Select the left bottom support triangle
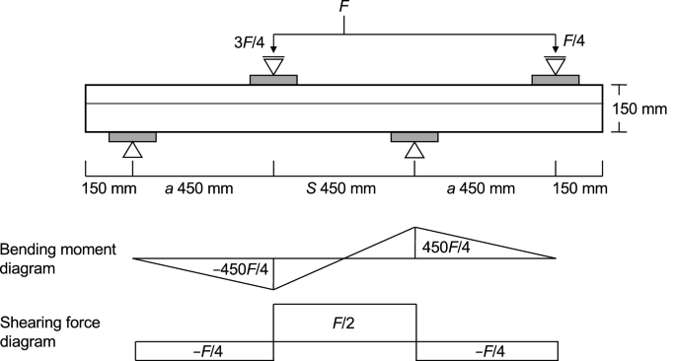coord(132,149)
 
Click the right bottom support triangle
coord(415,149)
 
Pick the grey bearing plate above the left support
coord(132,136)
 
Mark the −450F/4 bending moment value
coord(241,267)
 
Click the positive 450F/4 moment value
coord(447,247)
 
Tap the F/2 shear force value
coord(344,321)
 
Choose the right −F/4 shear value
coord(488,350)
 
